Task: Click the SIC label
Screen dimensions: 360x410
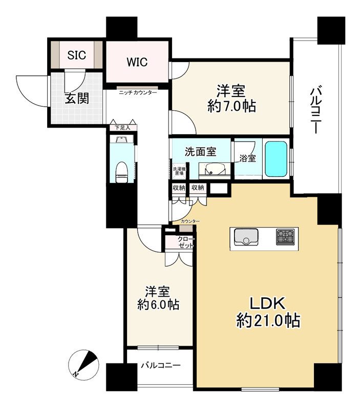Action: click(x=76, y=55)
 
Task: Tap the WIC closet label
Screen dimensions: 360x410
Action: click(x=137, y=62)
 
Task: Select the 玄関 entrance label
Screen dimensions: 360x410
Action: click(x=77, y=98)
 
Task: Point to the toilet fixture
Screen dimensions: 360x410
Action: click(x=121, y=172)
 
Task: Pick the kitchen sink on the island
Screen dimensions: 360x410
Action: click(x=246, y=237)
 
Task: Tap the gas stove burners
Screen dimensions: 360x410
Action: click(x=285, y=237)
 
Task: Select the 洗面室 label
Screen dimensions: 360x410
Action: click(x=200, y=152)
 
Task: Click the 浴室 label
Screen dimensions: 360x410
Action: click(x=247, y=158)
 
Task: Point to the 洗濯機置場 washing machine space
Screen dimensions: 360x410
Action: click(x=179, y=171)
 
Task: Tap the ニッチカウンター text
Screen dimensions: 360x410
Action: click(x=138, y=93)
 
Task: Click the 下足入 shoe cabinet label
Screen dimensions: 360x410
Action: click(x=123, y=128)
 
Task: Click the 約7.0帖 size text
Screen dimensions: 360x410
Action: click(x=231, y=106)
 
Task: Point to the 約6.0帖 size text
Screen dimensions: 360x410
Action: click(x=158, y=304)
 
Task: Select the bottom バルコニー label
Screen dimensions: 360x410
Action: click(x=161, y=365)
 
